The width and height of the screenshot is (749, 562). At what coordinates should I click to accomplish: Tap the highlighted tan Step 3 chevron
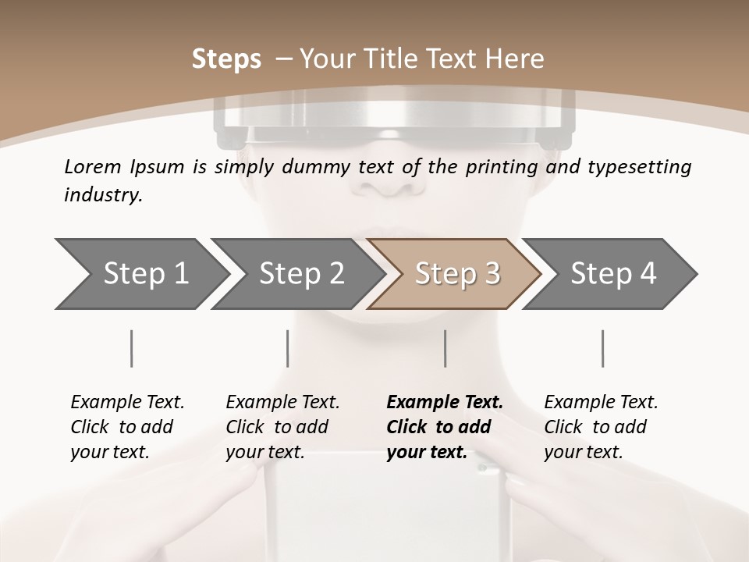[456, 274]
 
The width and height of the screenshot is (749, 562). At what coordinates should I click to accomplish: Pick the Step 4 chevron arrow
[612, 274]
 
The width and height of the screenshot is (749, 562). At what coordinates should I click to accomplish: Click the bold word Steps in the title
[226, 59]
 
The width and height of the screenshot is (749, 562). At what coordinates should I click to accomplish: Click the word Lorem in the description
[92, 167]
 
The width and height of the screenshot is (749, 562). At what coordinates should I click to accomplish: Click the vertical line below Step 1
[132, 348]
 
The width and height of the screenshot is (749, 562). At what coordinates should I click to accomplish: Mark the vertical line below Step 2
[288, 348]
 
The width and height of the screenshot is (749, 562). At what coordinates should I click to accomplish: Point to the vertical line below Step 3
[445, 348]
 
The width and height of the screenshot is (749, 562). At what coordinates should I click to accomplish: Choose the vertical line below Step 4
[602, 348]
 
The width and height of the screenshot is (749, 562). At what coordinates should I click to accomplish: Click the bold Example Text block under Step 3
[445, 427]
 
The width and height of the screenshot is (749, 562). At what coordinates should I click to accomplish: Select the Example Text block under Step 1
[127, 427]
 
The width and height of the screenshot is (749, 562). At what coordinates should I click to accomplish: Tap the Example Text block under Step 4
[601, 427]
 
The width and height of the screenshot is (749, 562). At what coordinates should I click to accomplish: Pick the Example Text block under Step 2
[282, 427]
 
